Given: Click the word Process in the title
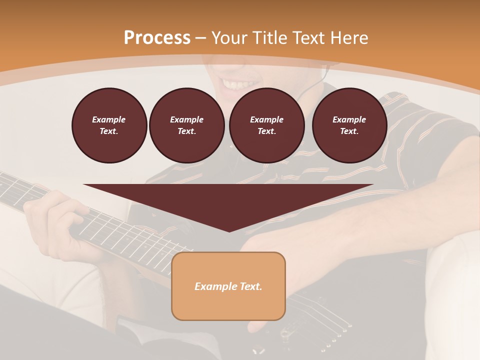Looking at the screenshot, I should coord(157,38).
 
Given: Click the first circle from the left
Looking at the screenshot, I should coord(109,125).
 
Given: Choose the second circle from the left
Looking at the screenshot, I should coord(186,125).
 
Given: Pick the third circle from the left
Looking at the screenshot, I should coord(266,125).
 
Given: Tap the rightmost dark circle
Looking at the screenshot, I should coord(349,125).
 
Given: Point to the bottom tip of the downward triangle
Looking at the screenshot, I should coord(229,231).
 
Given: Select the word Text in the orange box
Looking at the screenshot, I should coord(251,286).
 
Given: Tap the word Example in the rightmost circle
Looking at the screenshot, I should coord(349,119).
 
